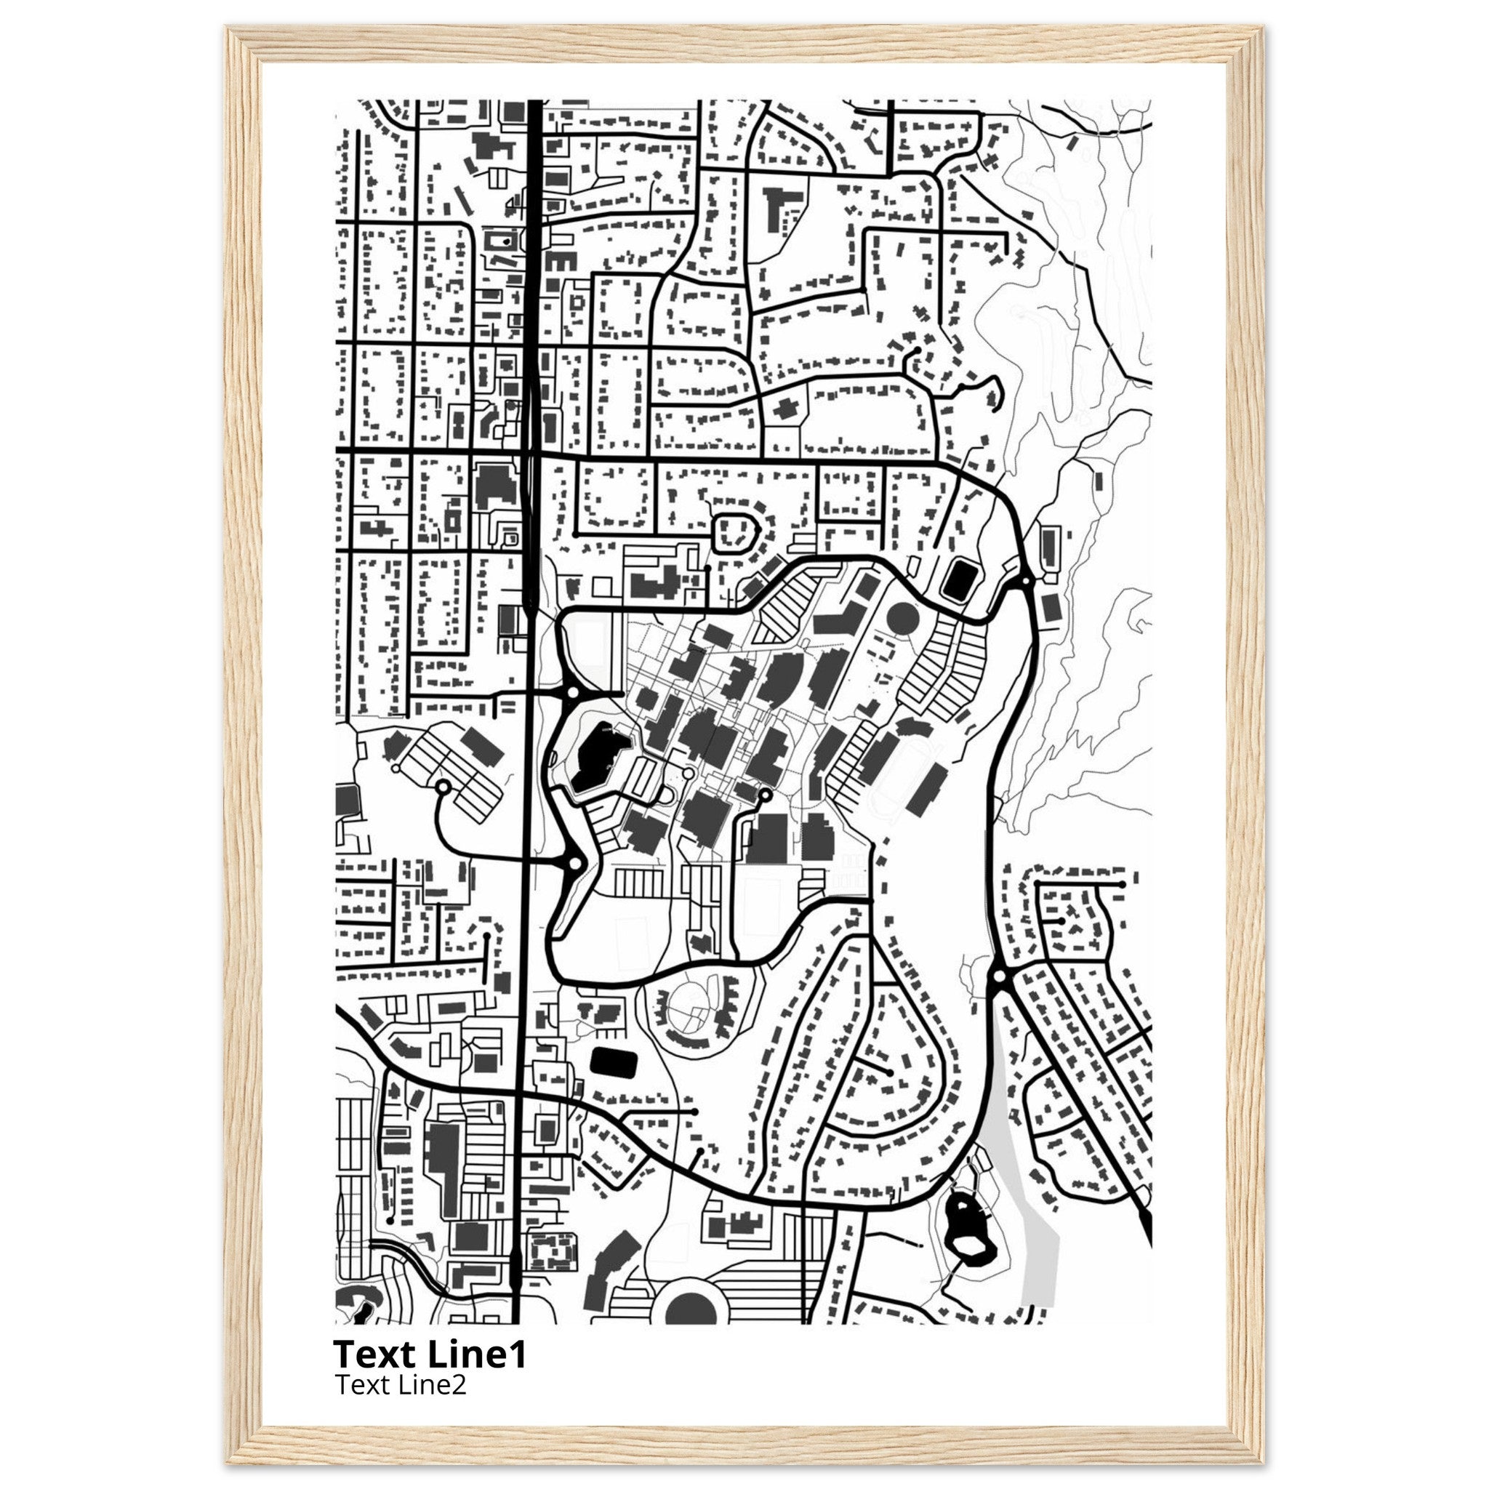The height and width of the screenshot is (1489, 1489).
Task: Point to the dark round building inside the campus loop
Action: point(903,618)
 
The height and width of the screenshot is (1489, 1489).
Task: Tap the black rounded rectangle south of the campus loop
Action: point(614,1064)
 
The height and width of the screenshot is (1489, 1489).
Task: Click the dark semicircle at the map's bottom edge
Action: point(691,1309)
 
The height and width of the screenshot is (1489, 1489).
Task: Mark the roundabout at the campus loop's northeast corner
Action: point(1026,579)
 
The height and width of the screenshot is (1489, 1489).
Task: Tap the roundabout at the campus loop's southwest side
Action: point(574,864)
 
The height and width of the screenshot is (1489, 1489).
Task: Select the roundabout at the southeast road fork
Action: point(1000,976)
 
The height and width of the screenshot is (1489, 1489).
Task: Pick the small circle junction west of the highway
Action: point(444,787)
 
